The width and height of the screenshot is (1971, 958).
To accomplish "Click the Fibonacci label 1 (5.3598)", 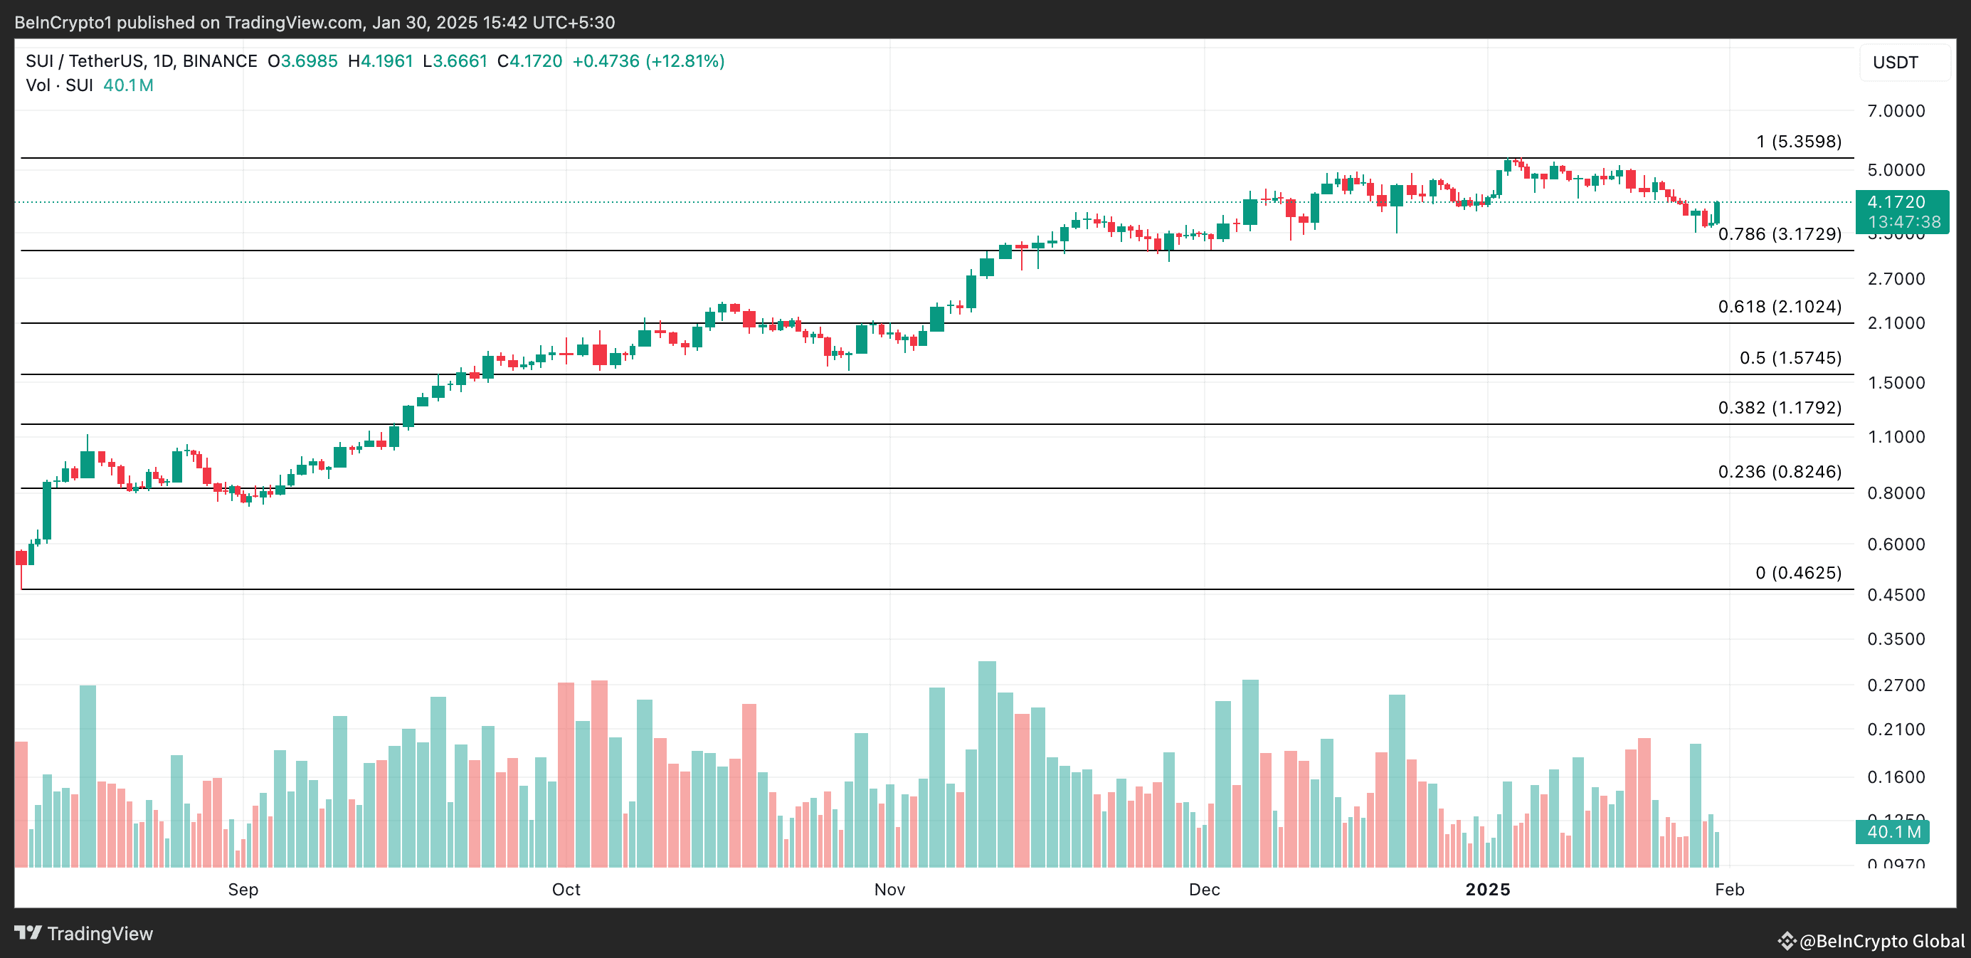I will [x=1798, y=142].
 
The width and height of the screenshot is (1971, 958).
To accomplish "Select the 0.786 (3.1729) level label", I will [x=1779, y=234].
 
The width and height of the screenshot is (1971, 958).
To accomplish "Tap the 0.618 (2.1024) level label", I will [x=1779, y=307].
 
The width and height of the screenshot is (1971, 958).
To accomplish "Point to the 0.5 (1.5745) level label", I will [x=1790, y=358].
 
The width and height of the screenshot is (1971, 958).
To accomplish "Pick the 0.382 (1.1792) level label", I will [x=1779, y=408].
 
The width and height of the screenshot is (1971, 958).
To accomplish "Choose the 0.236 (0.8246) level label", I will [x=1779, y=472].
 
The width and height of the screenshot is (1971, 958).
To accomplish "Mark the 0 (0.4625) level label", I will [x=1798, y=573].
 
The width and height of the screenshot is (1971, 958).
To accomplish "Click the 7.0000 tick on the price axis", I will [x=1896, y=111].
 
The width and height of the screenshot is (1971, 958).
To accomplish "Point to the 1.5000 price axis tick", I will [x=1896, y=383].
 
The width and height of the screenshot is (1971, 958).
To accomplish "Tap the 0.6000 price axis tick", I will [x=1896, y=544].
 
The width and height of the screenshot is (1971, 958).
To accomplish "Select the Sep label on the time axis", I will [x=243, y=889].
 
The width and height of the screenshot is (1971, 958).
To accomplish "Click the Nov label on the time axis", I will [x=889, y=889].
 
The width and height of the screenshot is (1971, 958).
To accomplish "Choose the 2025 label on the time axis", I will [x=1487, y=889].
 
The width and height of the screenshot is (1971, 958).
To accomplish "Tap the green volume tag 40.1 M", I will [x=1892, y=832].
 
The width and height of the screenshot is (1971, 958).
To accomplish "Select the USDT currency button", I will [x=1896, y=63].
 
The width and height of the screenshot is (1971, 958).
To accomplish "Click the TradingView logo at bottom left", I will [x=84, y=934].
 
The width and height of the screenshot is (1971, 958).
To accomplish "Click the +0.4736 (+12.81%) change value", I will [x=648, y=61].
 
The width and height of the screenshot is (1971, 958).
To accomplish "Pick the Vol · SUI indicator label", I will [x=60, y=85].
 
